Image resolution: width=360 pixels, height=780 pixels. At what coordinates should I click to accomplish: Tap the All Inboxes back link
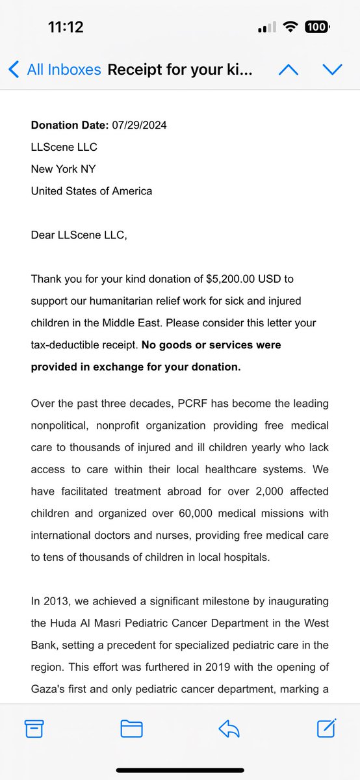(x=56, y=70)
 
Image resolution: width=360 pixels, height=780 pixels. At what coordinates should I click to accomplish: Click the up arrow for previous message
(x=288, y=70)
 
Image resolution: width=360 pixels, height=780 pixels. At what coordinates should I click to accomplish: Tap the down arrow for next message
(x=332, y=70)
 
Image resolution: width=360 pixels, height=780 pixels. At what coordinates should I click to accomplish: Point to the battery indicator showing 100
(x=316, y=27)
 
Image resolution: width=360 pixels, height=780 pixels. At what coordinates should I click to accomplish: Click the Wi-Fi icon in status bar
(x=290, y=27)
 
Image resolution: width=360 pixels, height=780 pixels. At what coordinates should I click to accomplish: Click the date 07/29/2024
(x=139, y=125)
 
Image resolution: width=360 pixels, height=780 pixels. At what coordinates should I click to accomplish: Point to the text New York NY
(x=64, y=169)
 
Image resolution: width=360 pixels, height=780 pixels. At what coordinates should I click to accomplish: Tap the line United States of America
(x=92, y=191)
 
